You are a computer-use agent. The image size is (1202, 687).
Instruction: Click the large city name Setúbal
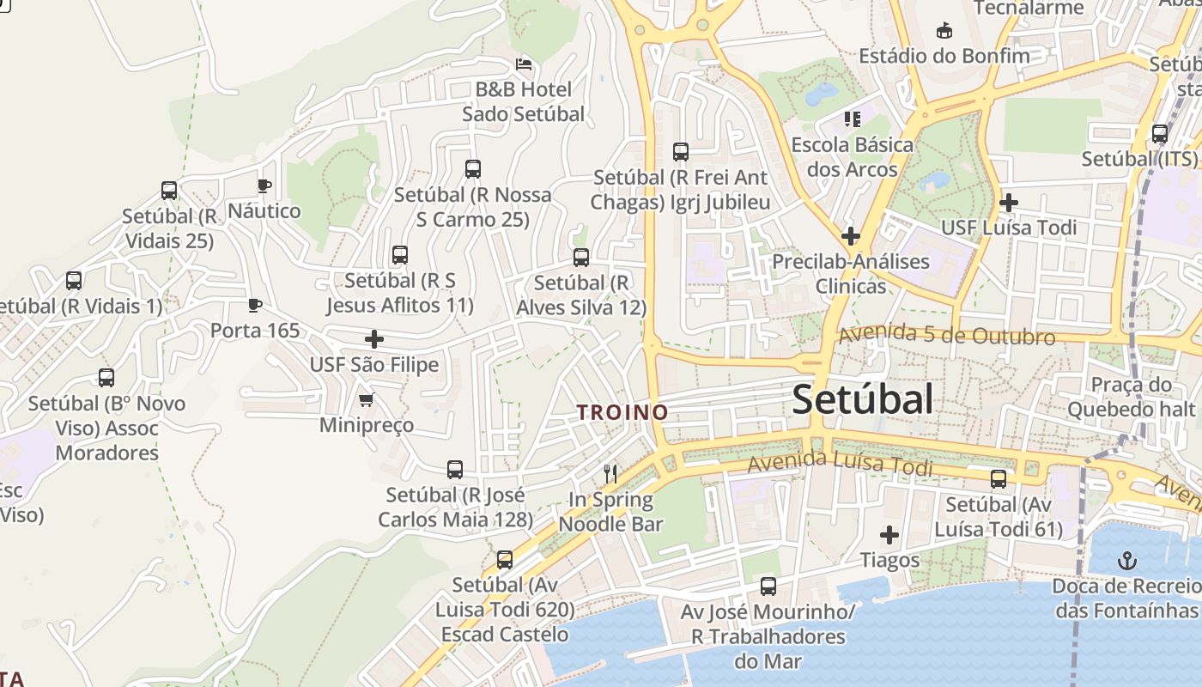(862, 399)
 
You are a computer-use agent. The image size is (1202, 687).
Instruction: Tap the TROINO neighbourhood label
(623, 412)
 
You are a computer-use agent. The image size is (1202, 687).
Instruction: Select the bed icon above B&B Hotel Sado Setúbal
(523, 64)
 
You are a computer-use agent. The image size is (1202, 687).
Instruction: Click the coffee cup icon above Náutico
(264, 185)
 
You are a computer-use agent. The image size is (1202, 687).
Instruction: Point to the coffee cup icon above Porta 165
(255, 305)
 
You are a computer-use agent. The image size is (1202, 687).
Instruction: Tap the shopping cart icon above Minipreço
(367, 399)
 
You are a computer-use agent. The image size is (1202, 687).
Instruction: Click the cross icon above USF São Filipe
(374, 339)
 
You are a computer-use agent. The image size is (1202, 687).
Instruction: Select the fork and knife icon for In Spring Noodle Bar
(610, 473)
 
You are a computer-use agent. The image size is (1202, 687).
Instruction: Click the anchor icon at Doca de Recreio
(1126, 562)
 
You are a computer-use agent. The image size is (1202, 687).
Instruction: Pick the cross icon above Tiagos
(889, 536)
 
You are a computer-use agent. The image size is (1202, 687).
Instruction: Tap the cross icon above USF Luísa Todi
(1009, 203)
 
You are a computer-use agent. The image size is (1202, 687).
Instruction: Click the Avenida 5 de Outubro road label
(946, 336)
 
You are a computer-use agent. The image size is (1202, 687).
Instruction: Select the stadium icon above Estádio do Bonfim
(944, 31)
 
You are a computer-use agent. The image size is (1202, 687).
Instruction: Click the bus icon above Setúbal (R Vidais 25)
(169, 191)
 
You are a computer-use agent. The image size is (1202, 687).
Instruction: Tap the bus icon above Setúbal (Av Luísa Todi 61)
(999, 479)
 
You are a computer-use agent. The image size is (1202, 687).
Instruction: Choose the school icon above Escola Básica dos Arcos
(852, 119)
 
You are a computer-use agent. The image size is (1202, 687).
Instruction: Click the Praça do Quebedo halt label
(1131, 397)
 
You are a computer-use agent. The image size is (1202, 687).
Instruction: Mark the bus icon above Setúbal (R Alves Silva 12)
(581, 258)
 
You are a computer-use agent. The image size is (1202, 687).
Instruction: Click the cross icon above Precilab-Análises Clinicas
(851, 235)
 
